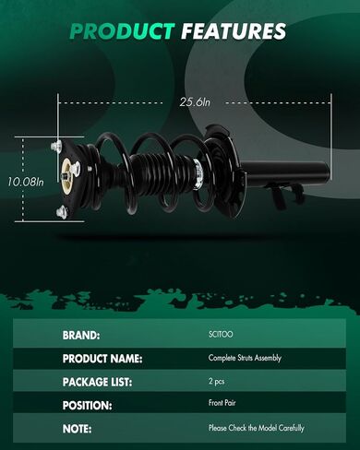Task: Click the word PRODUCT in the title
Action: coord(122,31)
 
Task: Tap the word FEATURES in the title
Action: coord(234,31)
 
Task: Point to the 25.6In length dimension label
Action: coord(195,102)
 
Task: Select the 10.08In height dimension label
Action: coord(26,182)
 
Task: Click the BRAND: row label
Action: coord(81,335)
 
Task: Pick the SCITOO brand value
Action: coord(221,334)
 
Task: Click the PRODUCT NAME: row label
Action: coord(102,359)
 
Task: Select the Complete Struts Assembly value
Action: coord(245,358)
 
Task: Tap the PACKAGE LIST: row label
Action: coord(97,382)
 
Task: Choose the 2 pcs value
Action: coord(217,382)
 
